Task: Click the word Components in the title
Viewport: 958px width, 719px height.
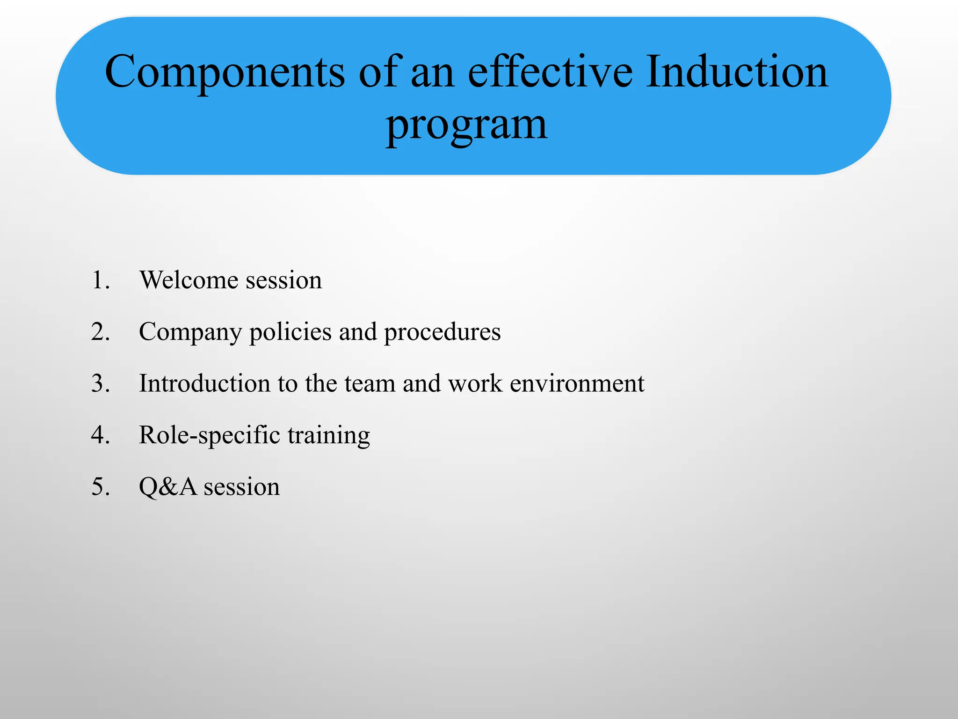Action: tap(225, 73)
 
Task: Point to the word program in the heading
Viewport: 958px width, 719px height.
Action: tap(466, 125)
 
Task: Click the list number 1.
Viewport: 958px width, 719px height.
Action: tap(100, 280)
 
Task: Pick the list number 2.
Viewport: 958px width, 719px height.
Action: tap(100, 332)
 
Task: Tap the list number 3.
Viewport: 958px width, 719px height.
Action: tap(100, 383)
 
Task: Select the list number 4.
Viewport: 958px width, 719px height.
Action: tap(100, 435)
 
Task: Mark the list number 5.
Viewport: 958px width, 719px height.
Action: tap(100, 487)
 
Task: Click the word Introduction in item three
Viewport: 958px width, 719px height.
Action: tap(204, 383)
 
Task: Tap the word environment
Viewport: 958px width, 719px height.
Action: tap(577, 383)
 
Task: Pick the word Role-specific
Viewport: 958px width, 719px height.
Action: tap(209, 435)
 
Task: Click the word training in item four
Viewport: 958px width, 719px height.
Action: tap(328, 435)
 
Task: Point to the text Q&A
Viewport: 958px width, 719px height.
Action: tap(168, 487)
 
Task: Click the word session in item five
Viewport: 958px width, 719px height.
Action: tap(242, 487)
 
